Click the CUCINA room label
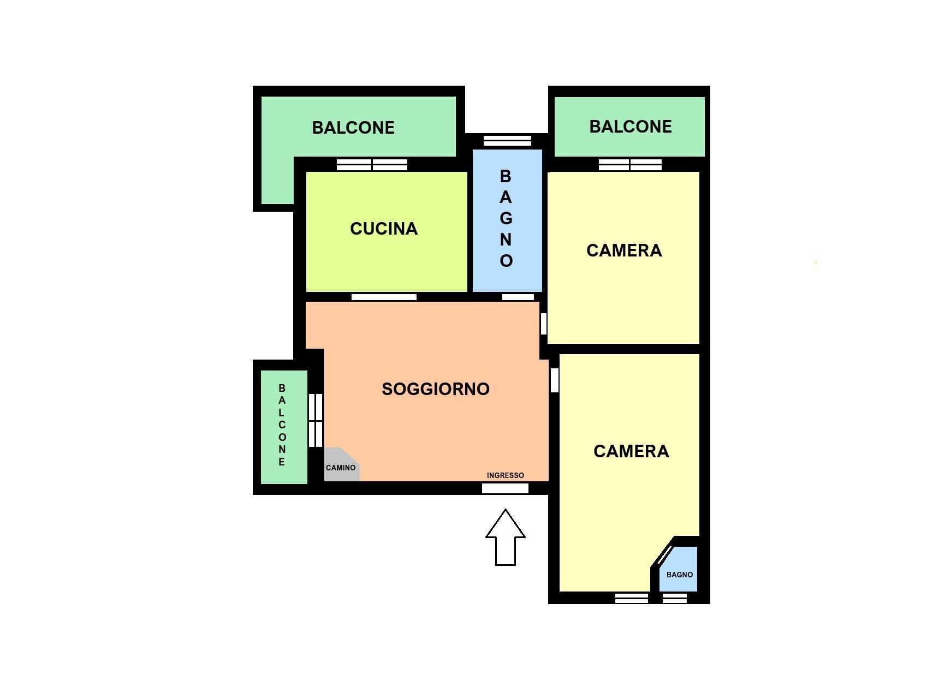384,229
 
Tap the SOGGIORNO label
436,389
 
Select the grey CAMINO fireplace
342,465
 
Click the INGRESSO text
505,475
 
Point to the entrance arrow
505,537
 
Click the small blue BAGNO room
678,569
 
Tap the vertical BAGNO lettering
506,218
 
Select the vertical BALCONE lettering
282,425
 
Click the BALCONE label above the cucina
353,127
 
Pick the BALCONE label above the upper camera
630,127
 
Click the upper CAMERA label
624,250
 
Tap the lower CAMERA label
631,451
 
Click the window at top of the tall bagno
507,141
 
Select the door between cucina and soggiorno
384,297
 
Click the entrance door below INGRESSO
505,488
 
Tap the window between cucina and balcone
372,165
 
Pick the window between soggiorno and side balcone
316,421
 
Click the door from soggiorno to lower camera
554,380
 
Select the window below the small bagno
674,598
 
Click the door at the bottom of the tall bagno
518,297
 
